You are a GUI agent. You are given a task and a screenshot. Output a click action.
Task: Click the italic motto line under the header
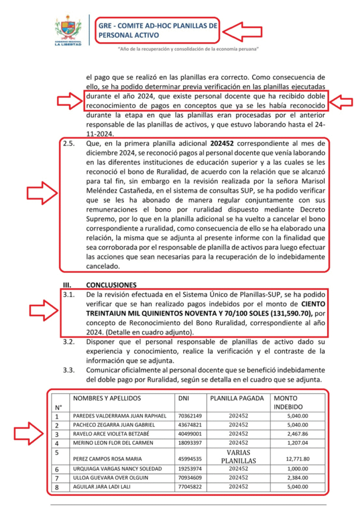coord(188,49)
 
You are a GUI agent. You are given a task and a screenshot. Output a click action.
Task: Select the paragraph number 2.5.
coord(69,144)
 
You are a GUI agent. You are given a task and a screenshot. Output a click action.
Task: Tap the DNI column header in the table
coord(183,399)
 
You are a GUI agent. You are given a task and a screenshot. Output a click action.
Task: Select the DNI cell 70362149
coord(188,416)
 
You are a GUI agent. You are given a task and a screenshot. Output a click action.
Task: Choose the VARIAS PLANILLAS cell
coord(238,457)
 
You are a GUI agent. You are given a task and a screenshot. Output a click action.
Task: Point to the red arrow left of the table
coord(28,433)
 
